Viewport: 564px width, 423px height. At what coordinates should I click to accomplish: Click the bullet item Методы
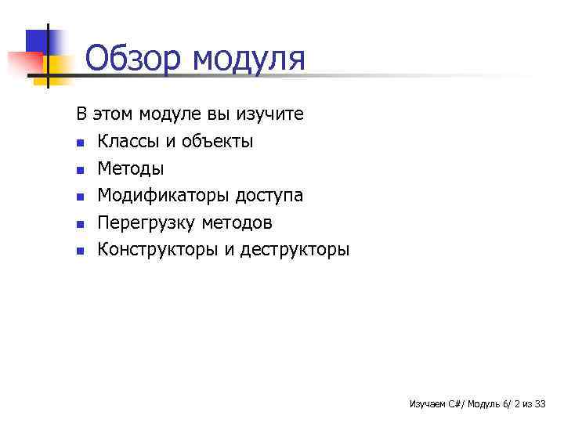(x=131, y=168)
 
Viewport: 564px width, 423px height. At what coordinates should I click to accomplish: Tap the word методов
(x=237, y=223)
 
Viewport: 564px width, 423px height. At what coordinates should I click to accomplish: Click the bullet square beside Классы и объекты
(x=79, y=143)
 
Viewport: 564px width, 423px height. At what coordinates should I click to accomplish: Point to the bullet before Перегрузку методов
(x=79, y=225)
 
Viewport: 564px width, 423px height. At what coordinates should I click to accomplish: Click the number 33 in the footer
(x=540, y=404)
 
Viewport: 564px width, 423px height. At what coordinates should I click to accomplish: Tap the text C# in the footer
(x=454, y=404)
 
